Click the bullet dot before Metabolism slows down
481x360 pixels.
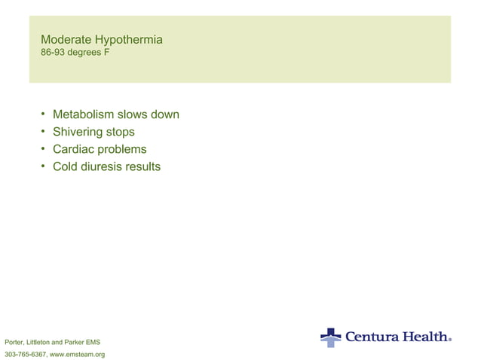[44, 114]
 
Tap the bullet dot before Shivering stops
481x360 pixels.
[44, 132]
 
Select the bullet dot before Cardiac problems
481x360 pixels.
[44, 149]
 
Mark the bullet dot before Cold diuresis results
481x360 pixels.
[44, 166]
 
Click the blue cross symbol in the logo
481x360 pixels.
[330, 337]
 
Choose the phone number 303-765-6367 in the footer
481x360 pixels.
[25, 354]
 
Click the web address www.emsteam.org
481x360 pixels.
[77, 354]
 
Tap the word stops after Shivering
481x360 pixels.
[121, 132]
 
